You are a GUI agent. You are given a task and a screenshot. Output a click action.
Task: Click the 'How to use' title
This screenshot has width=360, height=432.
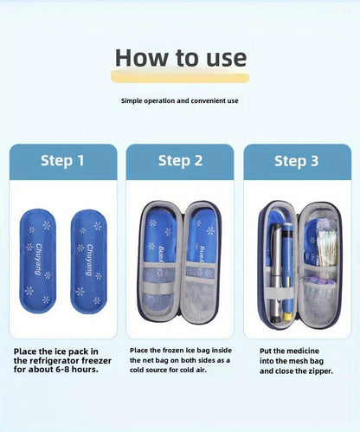[x=180, y=58]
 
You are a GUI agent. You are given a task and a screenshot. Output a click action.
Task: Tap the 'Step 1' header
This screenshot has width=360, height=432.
[x=62, y=161]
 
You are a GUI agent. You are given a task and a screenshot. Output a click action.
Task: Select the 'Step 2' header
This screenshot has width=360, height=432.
[x=180, y=161]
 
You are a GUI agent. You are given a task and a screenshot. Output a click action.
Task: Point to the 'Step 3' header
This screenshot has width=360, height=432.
[x=297, y=161]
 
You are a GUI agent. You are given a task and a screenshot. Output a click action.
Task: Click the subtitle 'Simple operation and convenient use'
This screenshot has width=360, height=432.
[x=180, y=101]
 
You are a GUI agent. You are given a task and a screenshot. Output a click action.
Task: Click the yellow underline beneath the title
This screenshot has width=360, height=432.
[x=180, y=78]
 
